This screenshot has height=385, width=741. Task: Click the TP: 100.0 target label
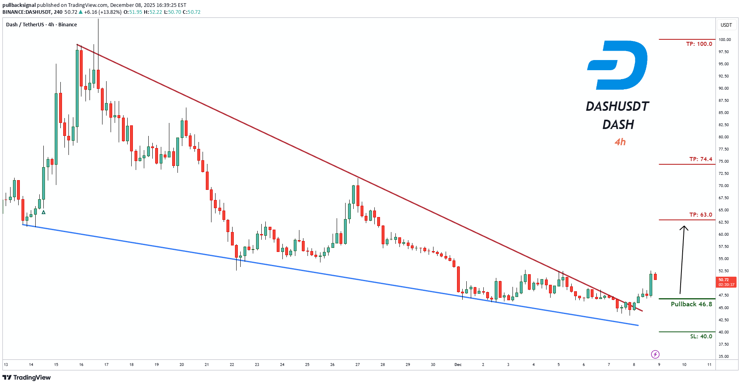(699, 44)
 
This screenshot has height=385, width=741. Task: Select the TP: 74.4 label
(700, 159)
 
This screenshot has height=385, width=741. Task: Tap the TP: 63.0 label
(700, 215)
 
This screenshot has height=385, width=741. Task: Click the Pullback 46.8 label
(691, 304)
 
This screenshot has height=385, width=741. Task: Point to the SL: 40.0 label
(701, 336)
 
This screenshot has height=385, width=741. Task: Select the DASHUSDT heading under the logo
(617, 106)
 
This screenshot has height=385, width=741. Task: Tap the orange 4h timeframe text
(620, 142)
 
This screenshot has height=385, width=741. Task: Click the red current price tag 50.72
(726, 282)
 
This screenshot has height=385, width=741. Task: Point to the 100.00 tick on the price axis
(724, 40)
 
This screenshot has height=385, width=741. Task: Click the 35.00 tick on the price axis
(724, 357)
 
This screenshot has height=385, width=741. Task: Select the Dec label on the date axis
(458, 365)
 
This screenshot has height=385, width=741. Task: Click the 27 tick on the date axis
(357, 365)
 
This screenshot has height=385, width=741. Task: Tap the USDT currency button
(726, 25)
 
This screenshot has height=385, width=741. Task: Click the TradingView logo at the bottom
(27, 378)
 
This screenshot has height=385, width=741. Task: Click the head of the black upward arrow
(684, 227)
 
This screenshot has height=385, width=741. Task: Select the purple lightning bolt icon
(655, 355)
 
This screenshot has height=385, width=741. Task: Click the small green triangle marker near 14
(43, 212)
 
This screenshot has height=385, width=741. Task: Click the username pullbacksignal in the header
(19, 5)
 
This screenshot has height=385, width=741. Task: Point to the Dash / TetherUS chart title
(25, 25)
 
